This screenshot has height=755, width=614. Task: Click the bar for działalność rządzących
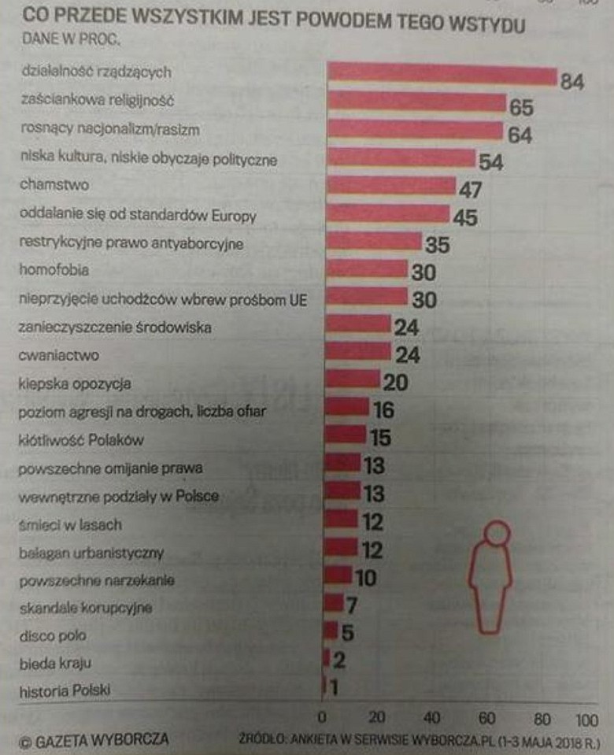click(x=442, y=74)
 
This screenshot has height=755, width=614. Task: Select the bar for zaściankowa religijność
click(x=416, y=102)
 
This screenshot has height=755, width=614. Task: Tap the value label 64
click(x=520, y=135)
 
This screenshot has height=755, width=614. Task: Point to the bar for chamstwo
click(x=390, y=186)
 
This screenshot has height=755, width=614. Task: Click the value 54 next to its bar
click(x=490, y=162)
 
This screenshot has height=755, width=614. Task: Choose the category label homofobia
click(x=54, y=270)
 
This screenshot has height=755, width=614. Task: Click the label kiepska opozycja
click(x=74, y=385)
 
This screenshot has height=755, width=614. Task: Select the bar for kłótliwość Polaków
click(x=345, y=435)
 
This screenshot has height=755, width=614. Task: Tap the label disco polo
click(x=53, y=635)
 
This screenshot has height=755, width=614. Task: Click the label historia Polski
click(x=65, y=691)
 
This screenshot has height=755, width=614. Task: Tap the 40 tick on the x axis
click(x=432, y=719)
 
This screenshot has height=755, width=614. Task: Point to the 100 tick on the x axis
click(x=586, y=719)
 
